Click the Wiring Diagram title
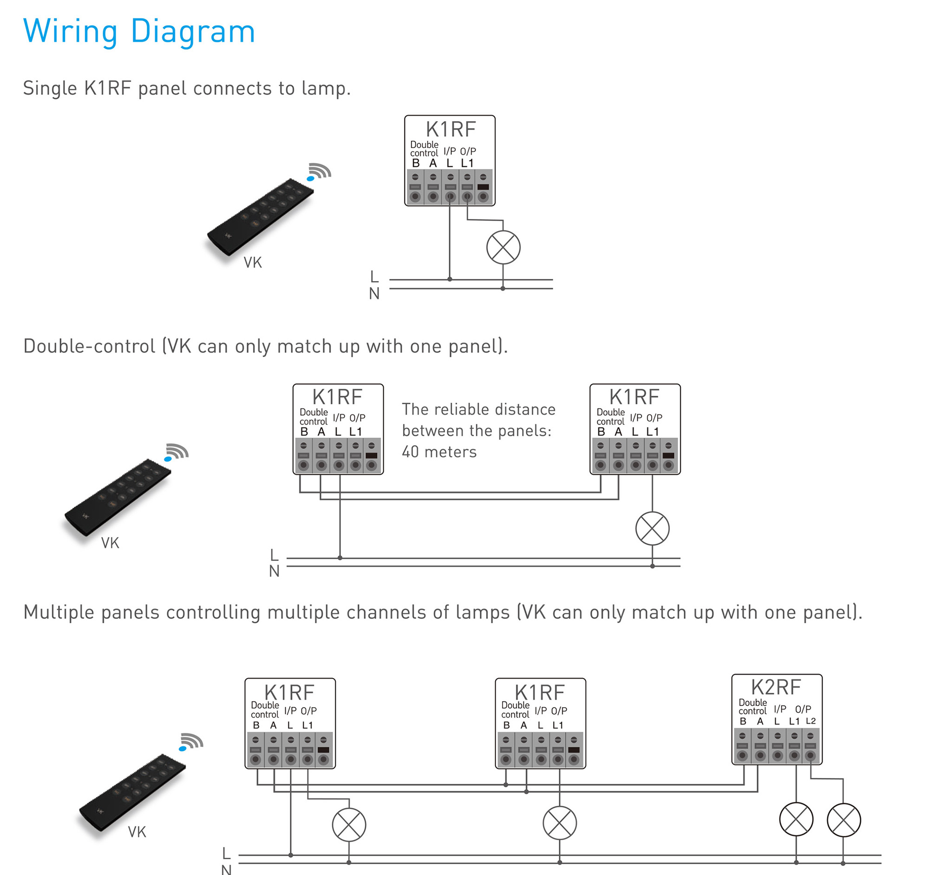[139, 32]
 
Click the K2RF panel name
[776, 687]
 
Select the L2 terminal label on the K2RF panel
[811, 721]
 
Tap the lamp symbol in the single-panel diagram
[504, 247]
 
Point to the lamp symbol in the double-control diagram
[652, 528]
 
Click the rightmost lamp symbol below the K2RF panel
[844, 820]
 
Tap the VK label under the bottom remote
[137, 832]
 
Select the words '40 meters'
[439, 452]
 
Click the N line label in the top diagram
[374, 294]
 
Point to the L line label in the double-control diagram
[275, 555]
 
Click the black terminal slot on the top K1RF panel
[483, 187]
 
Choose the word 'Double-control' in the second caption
[89, 346]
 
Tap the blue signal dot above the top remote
[310, 178]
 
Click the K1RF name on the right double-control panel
[634, 397]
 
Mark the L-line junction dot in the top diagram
[450, 279]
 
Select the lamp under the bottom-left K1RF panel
[349, 824]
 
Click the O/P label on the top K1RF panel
[468, 151]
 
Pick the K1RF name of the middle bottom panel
[540, 692]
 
